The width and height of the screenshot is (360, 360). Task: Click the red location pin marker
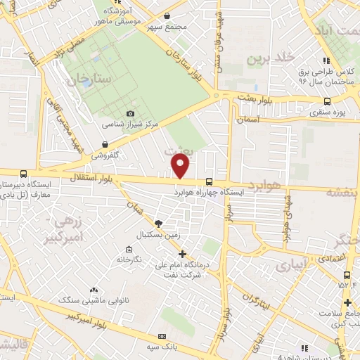(181, 166)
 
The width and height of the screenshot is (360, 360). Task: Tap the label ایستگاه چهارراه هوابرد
(209, 191)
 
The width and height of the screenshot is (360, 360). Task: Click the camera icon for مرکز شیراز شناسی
(130, 114)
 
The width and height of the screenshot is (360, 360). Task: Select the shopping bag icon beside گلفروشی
(105, 144)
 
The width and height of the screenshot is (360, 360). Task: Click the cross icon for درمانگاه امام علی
(182, 254)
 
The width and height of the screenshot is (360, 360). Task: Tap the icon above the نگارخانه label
(128, 250)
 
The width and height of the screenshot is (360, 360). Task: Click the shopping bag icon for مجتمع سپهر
(166, 15)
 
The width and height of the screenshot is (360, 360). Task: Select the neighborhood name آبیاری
(291, 265)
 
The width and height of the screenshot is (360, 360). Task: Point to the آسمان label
(248, 120)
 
